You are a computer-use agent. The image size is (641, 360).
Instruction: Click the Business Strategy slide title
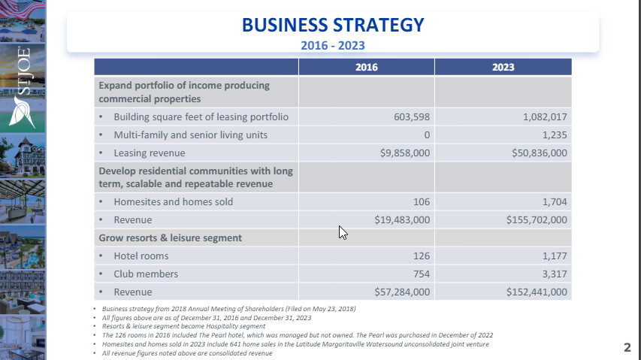tap(333, 25)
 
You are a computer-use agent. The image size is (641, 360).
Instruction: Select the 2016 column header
tap(366, 67)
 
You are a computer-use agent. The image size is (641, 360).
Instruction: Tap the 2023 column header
tap(503, 67)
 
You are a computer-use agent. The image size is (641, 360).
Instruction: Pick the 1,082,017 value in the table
tap(537, 117)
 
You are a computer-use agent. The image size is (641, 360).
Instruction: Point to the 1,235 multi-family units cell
tap(552, 135)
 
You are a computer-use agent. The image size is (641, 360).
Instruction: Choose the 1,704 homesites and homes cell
tap(552, 201)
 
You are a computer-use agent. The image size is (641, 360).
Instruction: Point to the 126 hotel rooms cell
tap(419, 256)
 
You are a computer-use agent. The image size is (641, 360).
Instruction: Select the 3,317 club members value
tap(552, 274)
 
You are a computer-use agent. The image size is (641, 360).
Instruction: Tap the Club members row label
tap(144, 274)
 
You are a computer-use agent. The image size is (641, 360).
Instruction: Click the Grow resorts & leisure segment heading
tap(171, 237)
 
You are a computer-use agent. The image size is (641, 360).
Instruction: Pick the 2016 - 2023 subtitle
tap(333, 45)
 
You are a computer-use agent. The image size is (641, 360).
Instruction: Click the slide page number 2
tap(627, 347)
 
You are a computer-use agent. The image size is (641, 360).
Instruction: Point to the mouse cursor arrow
tap(343, 232)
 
